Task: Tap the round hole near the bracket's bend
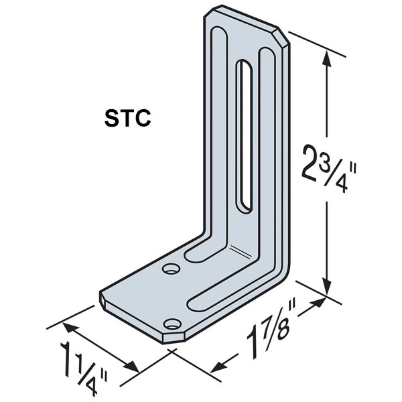pos(172,270)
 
